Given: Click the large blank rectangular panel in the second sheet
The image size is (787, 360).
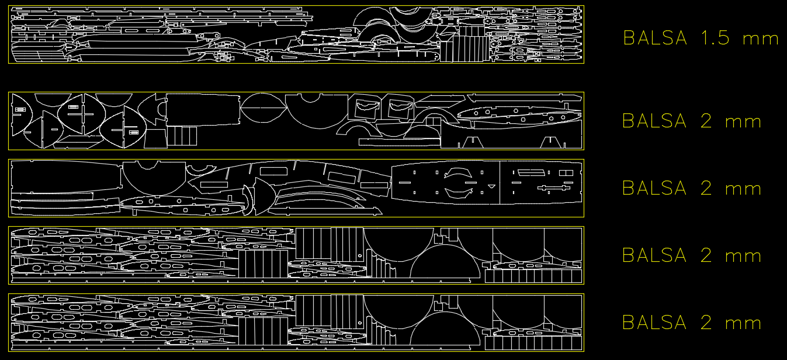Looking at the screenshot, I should point(203,109).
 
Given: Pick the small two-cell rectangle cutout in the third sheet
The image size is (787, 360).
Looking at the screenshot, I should point(566,173).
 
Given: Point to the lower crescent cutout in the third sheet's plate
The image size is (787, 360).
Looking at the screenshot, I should point(458,193).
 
